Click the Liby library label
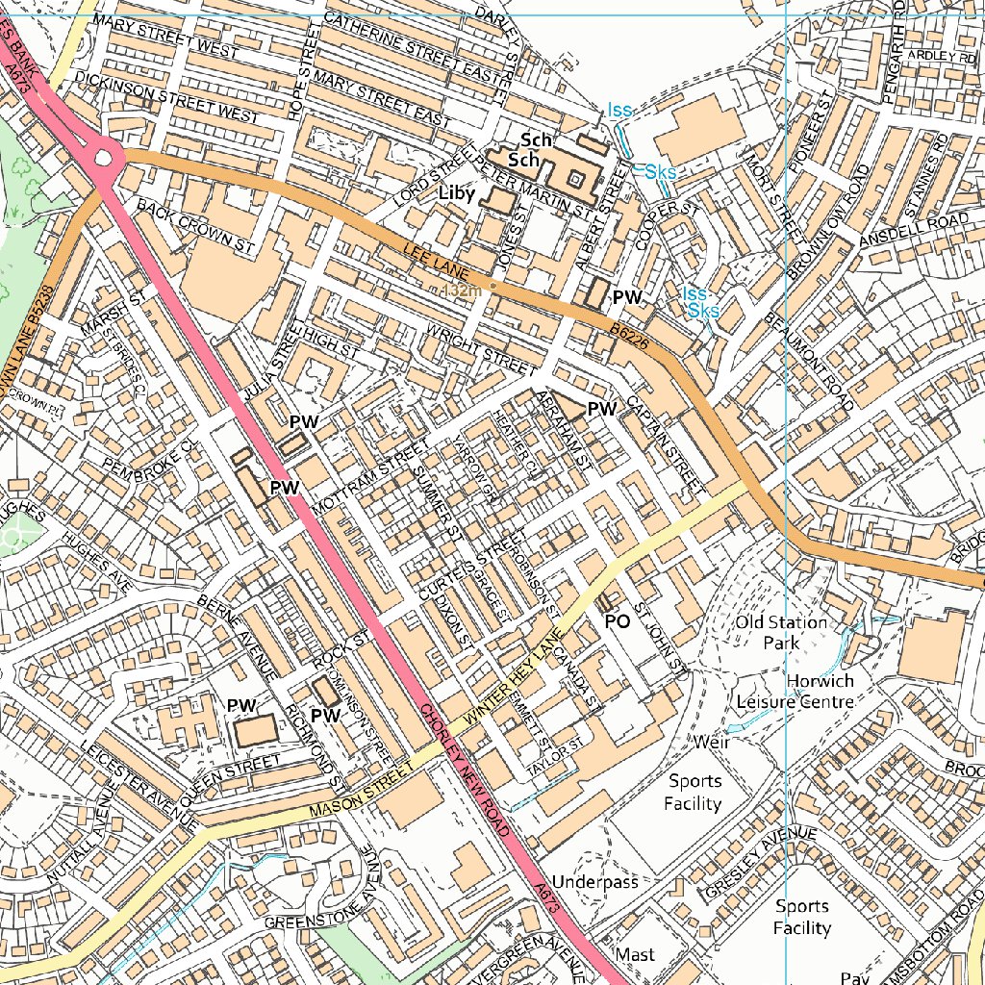(456, 194)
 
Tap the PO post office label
(617, 622)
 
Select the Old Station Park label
(781, 632)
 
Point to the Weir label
(711, 743)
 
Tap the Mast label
(635, 954)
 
